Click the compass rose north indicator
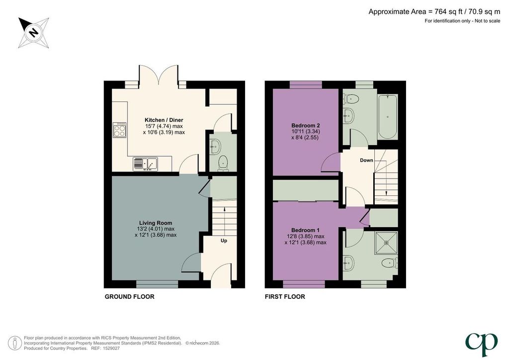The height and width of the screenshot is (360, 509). [x=33, y=33]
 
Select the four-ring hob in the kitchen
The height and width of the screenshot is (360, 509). [x=119, y=130]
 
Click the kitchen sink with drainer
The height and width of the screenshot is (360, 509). [x=145, y=164]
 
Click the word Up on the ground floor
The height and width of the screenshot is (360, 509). [x=224, y=241]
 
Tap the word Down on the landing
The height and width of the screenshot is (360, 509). [x=366, y=161]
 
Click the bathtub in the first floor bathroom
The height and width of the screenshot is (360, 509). [x=388, y=117]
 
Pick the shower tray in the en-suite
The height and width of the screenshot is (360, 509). [x=386, y=243]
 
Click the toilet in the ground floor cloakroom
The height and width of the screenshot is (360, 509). [x=223, y=163]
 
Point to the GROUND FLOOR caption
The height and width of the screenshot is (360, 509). [x=130, y=297]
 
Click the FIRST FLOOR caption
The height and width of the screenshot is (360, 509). [x=285, y=297]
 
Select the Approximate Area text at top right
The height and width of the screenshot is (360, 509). [x=434, y=12]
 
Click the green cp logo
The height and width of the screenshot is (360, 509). [x=481, y=344]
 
